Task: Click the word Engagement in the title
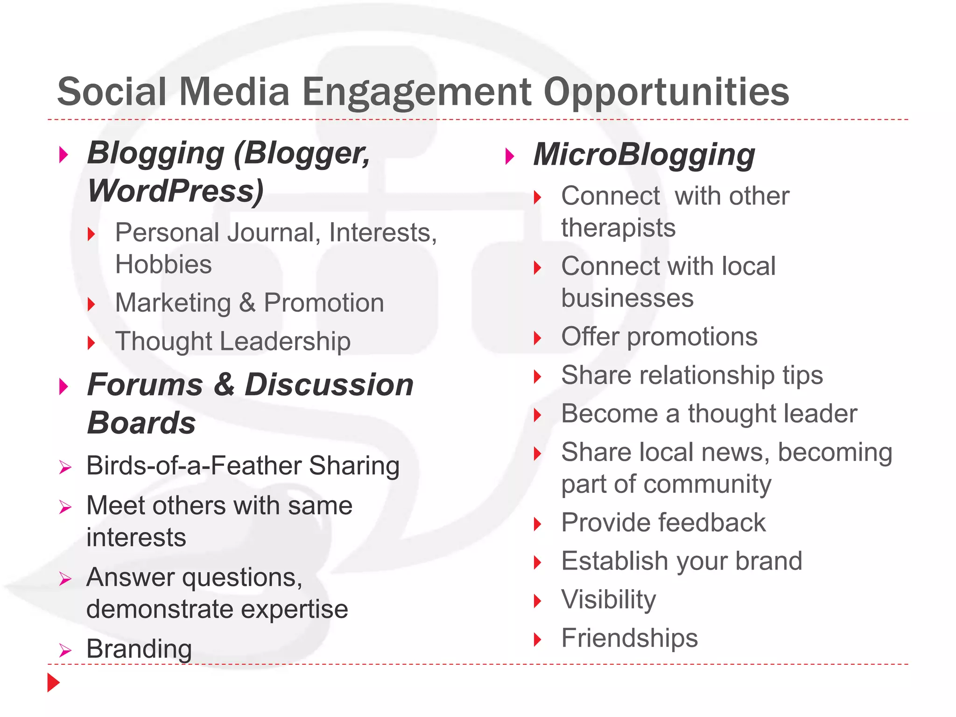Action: pos(416,92)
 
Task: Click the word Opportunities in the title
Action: pos(666,92)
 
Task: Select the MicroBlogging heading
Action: pos(644,155)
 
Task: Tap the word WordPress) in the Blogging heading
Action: pos(176,191)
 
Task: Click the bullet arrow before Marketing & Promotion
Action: pos(91,304)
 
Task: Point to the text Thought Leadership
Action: pos(232,341)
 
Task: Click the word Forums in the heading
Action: pos(145,385)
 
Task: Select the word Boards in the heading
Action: pos(141,423)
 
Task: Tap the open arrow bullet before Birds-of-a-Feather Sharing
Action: pos(65,467)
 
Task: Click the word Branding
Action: pos(139,649)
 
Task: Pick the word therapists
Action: pos(618,228)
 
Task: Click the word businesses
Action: pos(627,298)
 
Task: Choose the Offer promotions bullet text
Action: pos(659,337)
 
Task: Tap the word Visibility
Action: pos(609,600)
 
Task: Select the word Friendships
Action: pos(629,638)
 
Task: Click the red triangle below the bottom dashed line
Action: pos(53,682)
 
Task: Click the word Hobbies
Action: pos(163,265)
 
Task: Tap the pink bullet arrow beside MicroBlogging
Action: pos(510,156)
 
